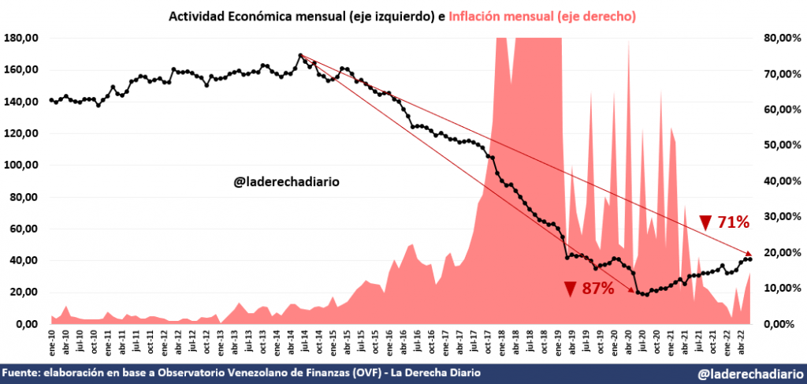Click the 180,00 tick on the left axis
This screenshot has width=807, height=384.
(20, 37)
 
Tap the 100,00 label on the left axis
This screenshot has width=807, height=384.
(20, 165)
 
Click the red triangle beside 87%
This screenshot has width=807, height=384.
(571, 289)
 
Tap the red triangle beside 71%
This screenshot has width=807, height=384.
(706, 223)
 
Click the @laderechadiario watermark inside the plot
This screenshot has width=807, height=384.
(285, 182)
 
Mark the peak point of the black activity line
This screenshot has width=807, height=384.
(300, 55)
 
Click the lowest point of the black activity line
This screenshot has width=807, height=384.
(646, 294)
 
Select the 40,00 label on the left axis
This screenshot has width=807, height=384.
(24, 260)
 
